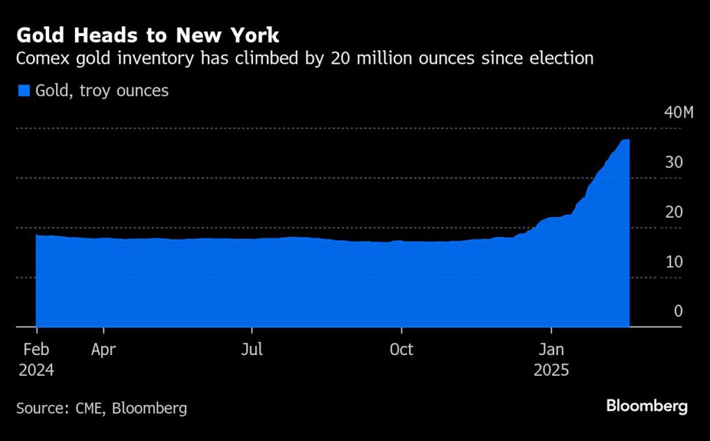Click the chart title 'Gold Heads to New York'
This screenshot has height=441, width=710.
pos(148,35)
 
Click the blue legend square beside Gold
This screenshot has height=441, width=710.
pos(24,91)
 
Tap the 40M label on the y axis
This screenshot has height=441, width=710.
pos(678,113)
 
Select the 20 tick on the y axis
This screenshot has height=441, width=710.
pos(675,212)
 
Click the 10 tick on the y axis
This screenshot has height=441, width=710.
pos(675,262)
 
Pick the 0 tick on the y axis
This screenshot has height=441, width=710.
pos(678,311)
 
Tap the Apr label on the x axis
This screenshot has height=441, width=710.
pos(103,349)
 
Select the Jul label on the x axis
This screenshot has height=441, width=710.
pos(252,349)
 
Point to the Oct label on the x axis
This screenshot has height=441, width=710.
pos(401,349)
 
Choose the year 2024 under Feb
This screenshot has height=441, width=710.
pos(36,370)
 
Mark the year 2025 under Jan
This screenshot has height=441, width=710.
pos(551,370)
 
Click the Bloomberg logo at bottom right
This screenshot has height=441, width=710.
pos(646,406)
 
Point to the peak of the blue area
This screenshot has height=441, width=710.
pos(627,141)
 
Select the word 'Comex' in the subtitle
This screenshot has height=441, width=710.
pos(41,58)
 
